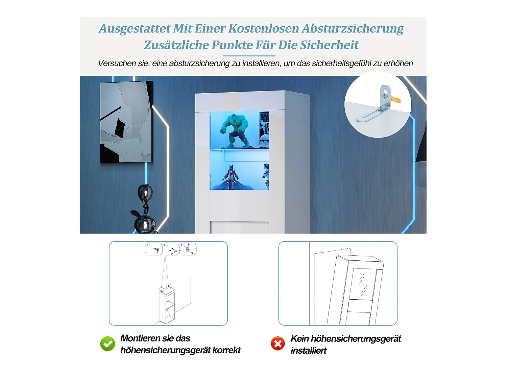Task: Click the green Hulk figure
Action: [235, 130]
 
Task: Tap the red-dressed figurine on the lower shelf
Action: [231, 177]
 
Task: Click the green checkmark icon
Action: [107, 344]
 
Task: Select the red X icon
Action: [278, 344]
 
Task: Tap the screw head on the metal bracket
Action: [384, 96]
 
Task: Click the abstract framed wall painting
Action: [126, 122]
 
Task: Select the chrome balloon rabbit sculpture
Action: [145, 211]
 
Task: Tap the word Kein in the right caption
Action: [299, 338]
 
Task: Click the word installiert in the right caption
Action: [309, 351]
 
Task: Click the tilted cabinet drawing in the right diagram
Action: [355, 290]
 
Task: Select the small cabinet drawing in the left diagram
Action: [167, 306]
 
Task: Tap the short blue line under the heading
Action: [249, 56]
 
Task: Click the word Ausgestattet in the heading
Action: [135, 29]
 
